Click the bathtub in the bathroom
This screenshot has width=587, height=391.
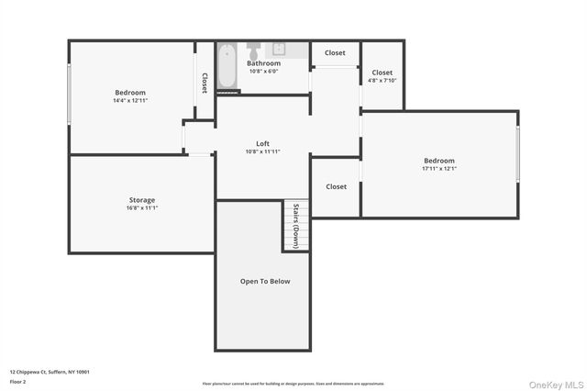click(x=229, y=66)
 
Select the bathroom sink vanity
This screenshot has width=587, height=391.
click(x=279, y=49)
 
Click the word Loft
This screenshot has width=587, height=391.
click(x=262, y=143)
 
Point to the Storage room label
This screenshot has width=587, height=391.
click(x=141, y=199)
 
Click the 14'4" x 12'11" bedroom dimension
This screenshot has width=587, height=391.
click(x=129, y=100)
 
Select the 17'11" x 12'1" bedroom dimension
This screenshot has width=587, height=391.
click(x=438, y=169)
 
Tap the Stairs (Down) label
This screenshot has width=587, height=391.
click(x=295, y=226)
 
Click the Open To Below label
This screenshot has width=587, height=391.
click(x=265, y=281)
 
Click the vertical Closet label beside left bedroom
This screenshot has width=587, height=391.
click(x=205, y=83)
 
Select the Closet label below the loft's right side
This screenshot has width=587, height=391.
click(x=336, y=186)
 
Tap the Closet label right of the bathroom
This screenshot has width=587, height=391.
click(x=335, y=53)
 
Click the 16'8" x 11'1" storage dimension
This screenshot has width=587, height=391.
click(x=141, y=207)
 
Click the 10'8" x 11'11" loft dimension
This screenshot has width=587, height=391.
click(x=262, y=151)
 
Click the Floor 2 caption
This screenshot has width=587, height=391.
click(x=17, y=381)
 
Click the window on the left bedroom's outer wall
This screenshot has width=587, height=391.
click(x=69, y=95)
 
